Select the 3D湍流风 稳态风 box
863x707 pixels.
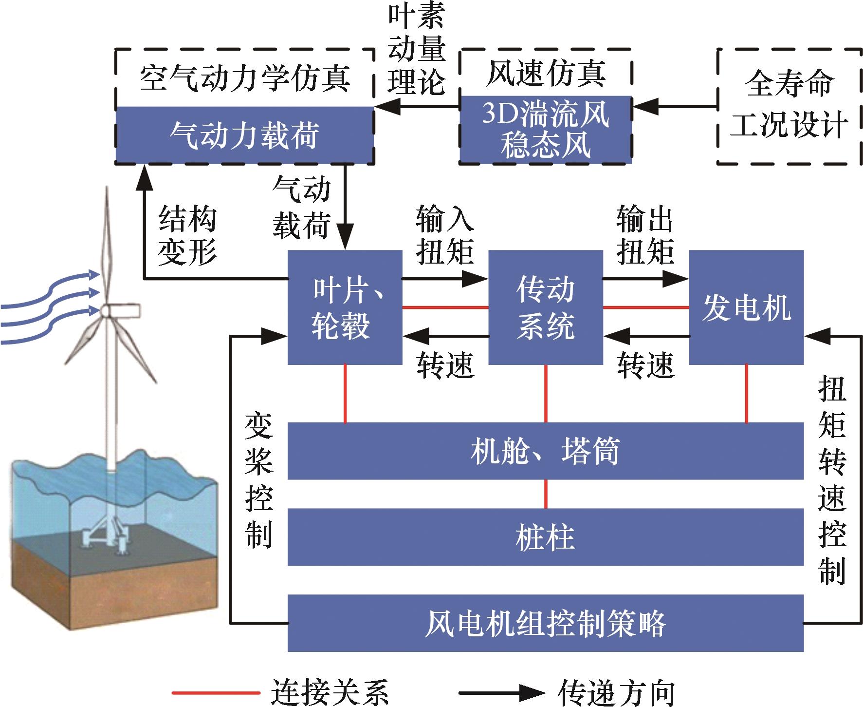click(x=546, y=130)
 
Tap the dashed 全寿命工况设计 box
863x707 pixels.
click(x=789, y=106)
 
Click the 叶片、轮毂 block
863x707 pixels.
click(x=345, y=307)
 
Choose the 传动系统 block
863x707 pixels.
click(x=545, y=307)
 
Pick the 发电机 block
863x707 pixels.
click(x=746, y=307)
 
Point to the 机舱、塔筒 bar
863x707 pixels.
click(x=545, y=451)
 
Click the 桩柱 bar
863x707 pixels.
click(x=545, y=537)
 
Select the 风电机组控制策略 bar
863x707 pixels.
click(x=545, y=623)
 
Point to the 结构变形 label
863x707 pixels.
click(x=187, y=236)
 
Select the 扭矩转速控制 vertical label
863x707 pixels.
click(x=832, y=480)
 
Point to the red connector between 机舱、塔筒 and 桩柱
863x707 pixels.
click(x=546, y=494)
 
